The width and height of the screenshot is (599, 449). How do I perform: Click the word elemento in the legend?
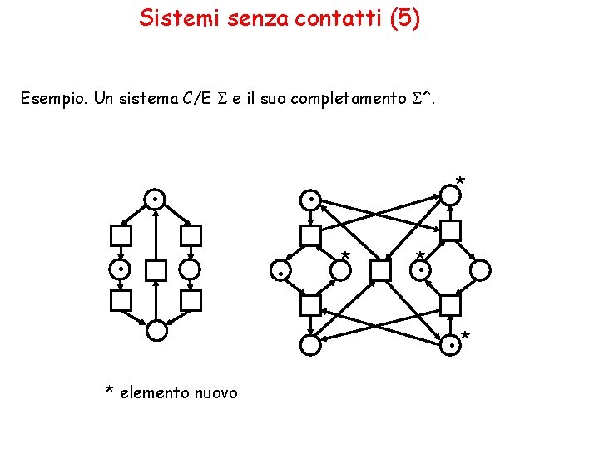[154, 392]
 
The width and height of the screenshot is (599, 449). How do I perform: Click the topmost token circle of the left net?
[155, 200]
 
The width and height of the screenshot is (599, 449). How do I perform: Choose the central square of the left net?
[156, 270]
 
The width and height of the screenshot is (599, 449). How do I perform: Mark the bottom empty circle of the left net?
[156, 331]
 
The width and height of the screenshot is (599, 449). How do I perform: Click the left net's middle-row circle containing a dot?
[121, 270]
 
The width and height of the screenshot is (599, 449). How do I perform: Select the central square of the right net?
[380, 270]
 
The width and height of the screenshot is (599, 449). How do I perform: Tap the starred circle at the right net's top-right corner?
[450, 195]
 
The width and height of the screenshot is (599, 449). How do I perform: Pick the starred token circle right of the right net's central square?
[423, 270]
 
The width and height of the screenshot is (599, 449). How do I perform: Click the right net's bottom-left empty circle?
[310, 344]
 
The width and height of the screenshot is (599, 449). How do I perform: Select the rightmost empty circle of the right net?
[480, 270]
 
